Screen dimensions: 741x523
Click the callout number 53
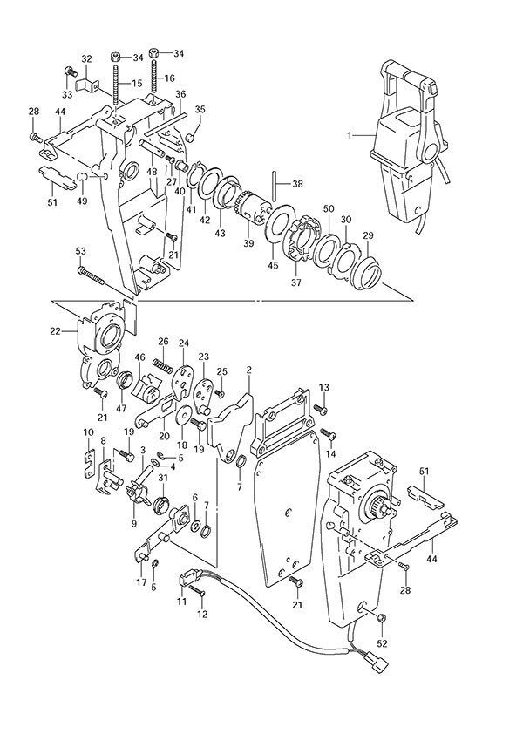(81, 251)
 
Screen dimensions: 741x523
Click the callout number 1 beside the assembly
(349, 135)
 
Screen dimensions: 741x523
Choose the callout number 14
(329, 454)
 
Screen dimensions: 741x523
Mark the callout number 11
(183, 602)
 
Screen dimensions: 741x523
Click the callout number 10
(88, 432)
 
